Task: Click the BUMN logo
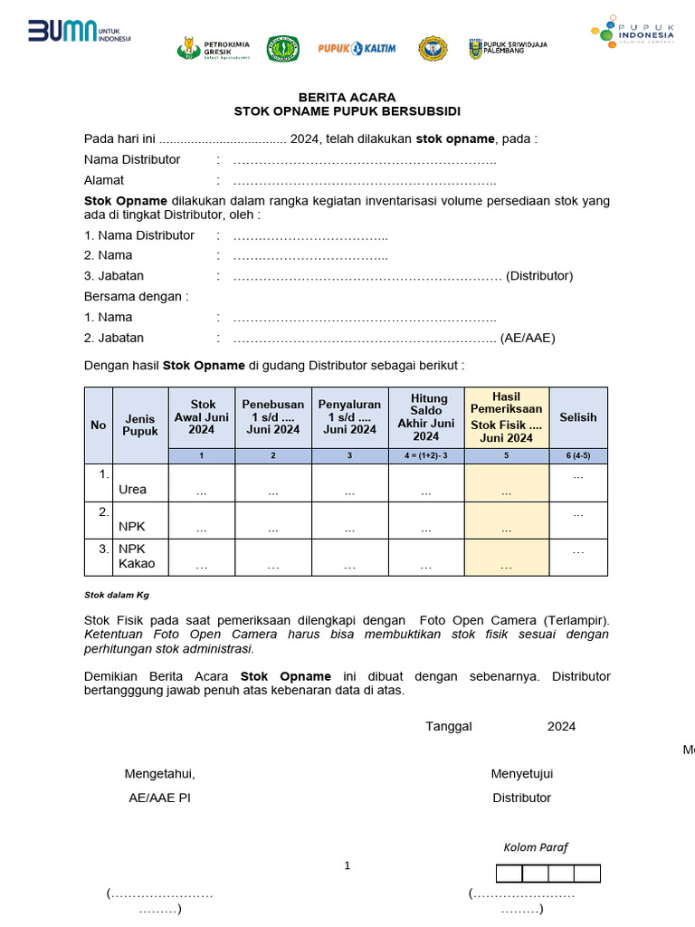[x=79, y=33]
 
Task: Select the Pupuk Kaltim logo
[x=356, y=48]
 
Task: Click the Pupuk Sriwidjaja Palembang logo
[x=508, y=48]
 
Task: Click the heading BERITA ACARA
[x=347, y=97]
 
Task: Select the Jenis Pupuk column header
[x=140, y=425]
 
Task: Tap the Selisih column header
[x=577, y=417]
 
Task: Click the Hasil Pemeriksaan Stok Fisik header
[x=506, y=417]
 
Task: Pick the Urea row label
[x=132, y=489]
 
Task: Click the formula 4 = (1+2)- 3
[x=426, y=455]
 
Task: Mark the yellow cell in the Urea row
[x=506, y=482]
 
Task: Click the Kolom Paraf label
[x=536, y=847]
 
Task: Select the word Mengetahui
[x=159, y=773]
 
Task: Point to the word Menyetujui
[x=521, y=773]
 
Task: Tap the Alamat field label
[x=104, y=180]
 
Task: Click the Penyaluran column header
[x=349, y=416]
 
